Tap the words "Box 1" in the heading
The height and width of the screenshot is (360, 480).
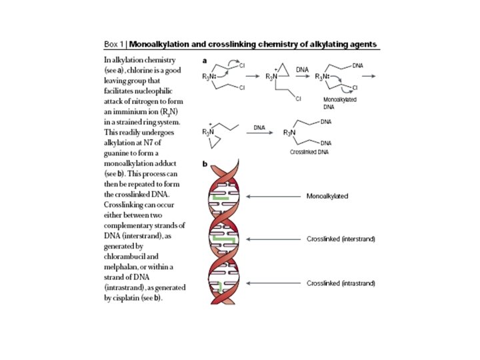(114, 45)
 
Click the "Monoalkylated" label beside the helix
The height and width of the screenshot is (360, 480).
(328, 197)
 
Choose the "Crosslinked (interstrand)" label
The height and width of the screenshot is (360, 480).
(341, 239)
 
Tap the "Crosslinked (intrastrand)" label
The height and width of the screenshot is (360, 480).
(341, 283)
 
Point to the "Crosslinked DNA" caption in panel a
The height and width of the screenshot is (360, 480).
(307, 152)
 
